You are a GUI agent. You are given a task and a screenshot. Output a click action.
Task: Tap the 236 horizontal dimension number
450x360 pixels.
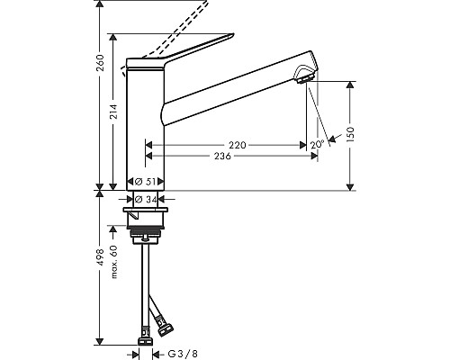[221, 156]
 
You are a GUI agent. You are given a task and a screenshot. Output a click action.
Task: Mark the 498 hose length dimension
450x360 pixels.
[101, 266]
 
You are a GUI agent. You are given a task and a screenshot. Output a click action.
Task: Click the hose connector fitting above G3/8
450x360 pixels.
[143, 340]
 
